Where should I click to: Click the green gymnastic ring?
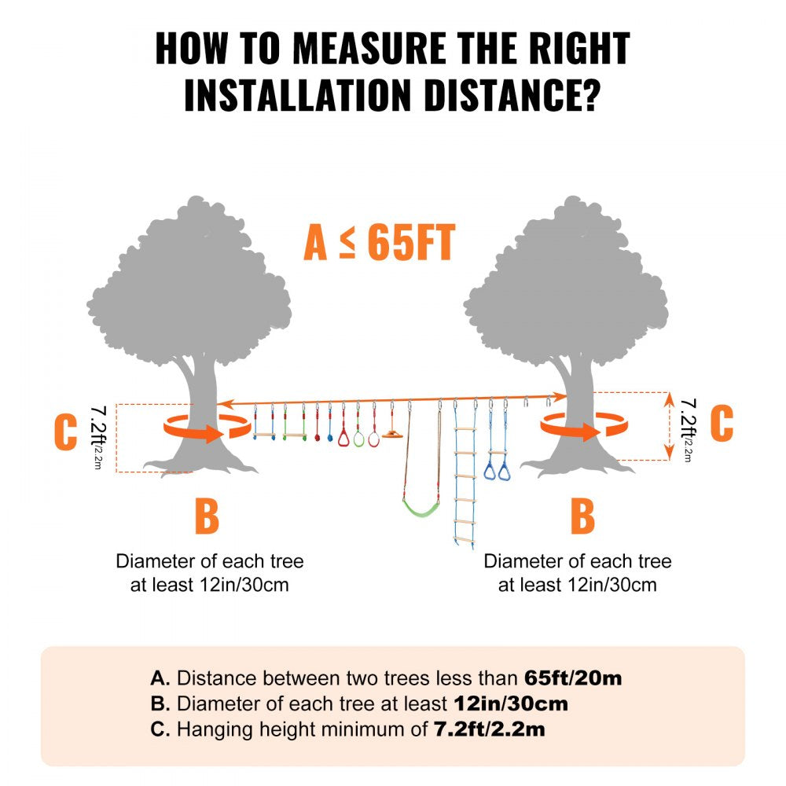(x=359, y=439)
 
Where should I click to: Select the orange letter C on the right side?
(x=721, y=424)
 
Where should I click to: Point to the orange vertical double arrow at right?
(x=669, y=426)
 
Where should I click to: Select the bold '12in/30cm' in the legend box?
(x=511, y=703)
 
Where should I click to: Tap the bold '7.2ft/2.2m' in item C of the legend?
(x=489, y=729)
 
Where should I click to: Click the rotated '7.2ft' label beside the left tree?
(x=99, y=431)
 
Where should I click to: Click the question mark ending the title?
(x=589, y=96)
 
